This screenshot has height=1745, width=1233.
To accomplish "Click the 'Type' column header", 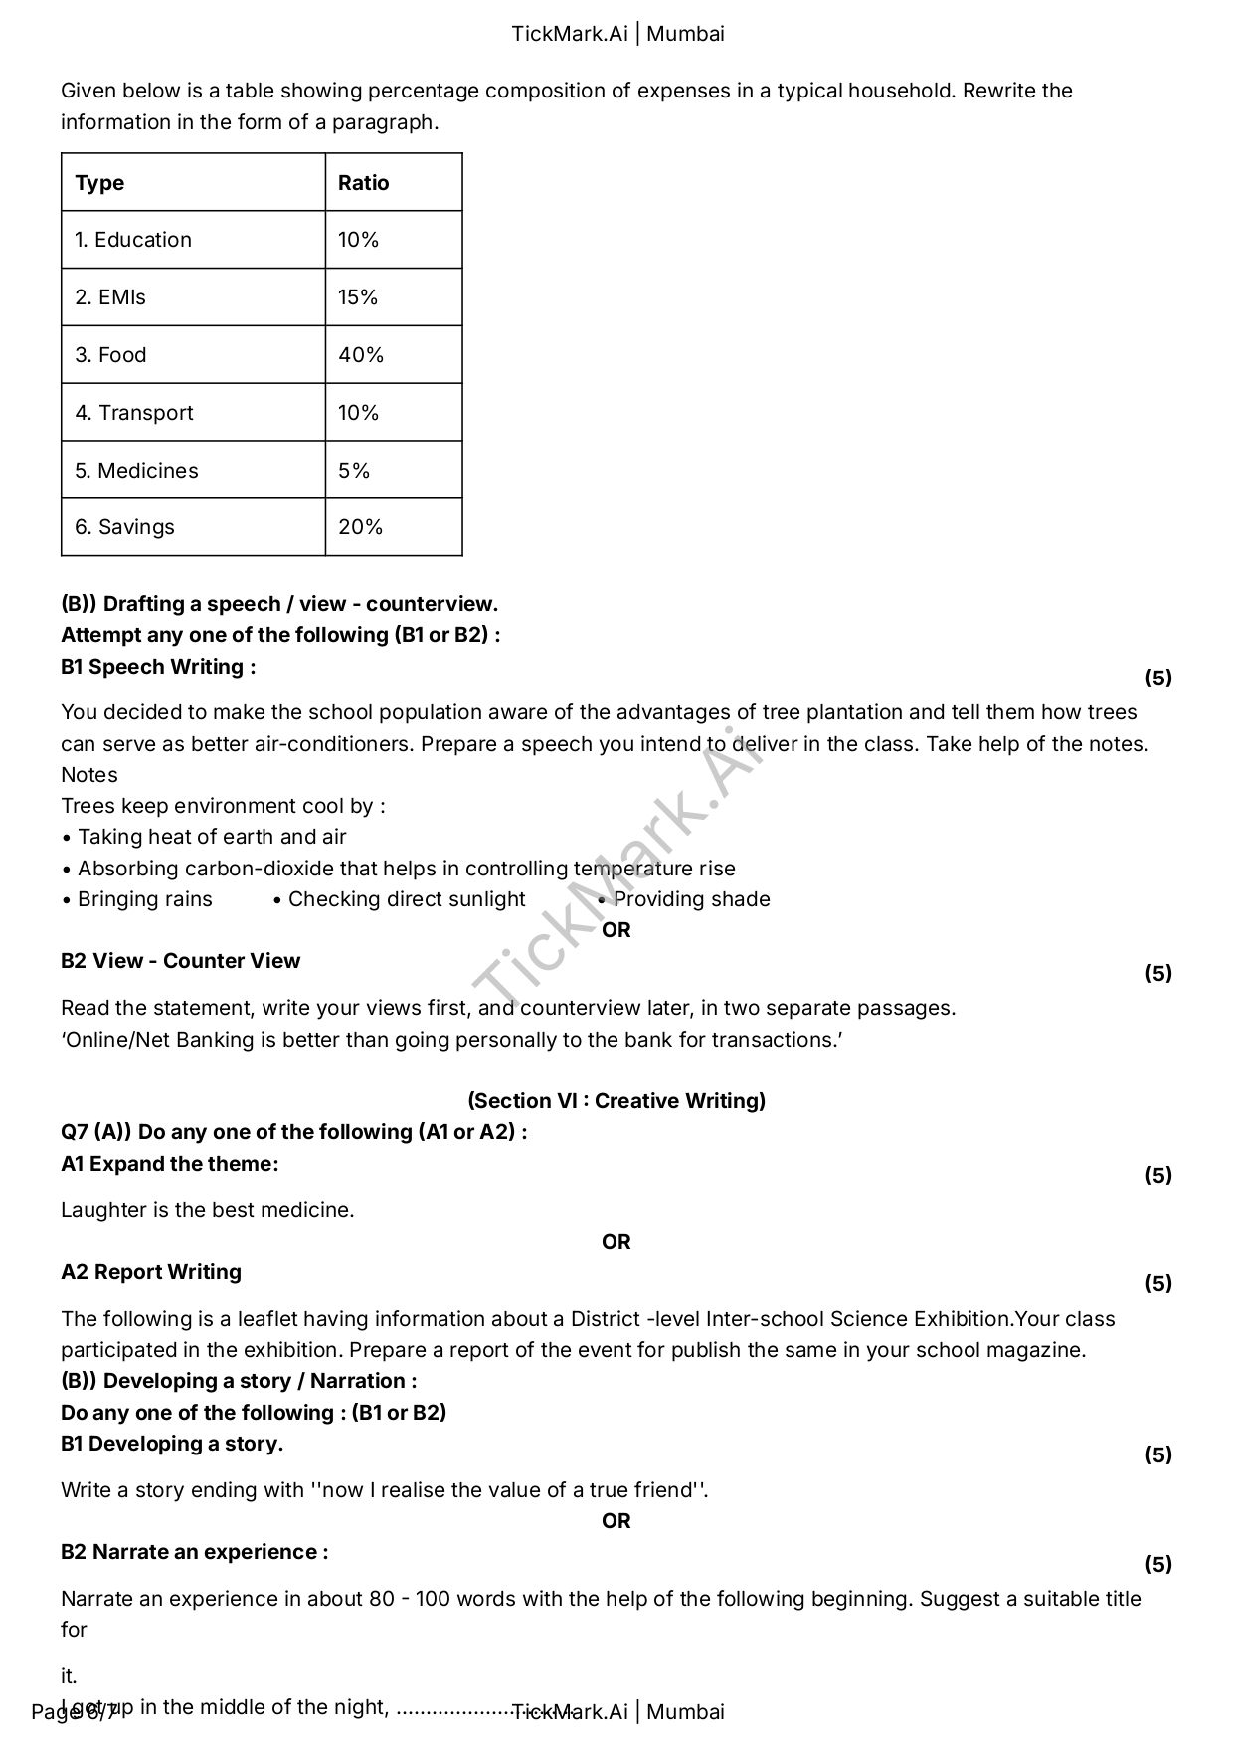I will tap(99, 183).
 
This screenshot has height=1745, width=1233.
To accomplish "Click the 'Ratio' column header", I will tap(363, 183).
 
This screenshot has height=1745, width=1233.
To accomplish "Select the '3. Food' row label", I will tap(110, 355).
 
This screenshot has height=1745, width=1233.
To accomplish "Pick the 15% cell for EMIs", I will tap(358, 297).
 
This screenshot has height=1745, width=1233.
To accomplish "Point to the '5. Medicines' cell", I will tap(136, 471).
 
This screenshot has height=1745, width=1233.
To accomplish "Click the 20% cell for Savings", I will tap(360, 527).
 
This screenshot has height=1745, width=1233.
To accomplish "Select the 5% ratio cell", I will tap(354, 471).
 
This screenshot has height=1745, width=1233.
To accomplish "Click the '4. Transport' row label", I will tap(134, 413).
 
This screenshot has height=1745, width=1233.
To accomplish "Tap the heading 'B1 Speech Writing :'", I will tap(158, 667).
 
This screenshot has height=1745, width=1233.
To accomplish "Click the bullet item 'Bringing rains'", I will tap(145, 899).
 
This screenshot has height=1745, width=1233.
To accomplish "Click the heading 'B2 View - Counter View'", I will tap(180, 961).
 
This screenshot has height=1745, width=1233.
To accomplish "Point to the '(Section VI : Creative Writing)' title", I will tap(616, 1101).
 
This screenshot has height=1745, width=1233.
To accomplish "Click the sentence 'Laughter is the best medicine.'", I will tap(208, 1210).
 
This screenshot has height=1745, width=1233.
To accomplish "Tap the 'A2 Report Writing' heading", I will tap(151, 1272).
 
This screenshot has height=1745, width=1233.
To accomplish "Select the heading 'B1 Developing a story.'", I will tap(172, 1444).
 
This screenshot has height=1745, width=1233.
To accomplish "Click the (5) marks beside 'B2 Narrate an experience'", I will tap(1158, 1564).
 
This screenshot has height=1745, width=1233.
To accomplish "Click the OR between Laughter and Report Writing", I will tap(616, 1242).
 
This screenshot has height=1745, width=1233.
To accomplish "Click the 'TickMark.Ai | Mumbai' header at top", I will tap(617, 34).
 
